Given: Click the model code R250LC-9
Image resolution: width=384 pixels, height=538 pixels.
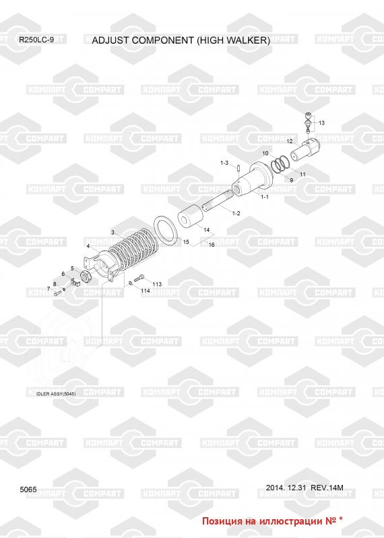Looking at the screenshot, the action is (x=36, y=40).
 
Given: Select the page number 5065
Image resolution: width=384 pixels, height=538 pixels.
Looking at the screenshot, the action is (x=28, y=490).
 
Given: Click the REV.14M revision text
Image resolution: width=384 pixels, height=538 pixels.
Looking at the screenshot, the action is (x=327, y=488).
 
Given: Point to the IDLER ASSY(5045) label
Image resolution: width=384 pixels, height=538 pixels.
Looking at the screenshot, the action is (x=56, y=394).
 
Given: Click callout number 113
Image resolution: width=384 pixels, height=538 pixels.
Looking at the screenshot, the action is (x=157, y=284).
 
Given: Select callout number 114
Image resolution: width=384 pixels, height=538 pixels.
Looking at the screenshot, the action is (x=146, y=291).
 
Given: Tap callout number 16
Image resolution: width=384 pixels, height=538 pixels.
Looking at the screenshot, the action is (x=212, y=245).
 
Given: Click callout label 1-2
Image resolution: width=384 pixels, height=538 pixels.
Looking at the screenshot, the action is (x=236, y=213).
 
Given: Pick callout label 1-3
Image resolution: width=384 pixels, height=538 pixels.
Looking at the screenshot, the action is (x=224, y=163).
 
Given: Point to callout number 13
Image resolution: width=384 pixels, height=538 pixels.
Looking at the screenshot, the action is (x=322, y=123).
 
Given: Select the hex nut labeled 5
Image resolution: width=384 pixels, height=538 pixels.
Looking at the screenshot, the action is (x=85, y=276).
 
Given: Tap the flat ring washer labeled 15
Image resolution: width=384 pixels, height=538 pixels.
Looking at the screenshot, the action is (x=166, y=230).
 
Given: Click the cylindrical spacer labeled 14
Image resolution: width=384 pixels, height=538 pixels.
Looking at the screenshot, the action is (x=190, y=217).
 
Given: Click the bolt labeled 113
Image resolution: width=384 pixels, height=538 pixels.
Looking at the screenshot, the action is (x=139, y=278).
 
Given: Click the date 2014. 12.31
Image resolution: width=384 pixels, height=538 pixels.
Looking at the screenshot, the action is (x=286, y=488).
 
